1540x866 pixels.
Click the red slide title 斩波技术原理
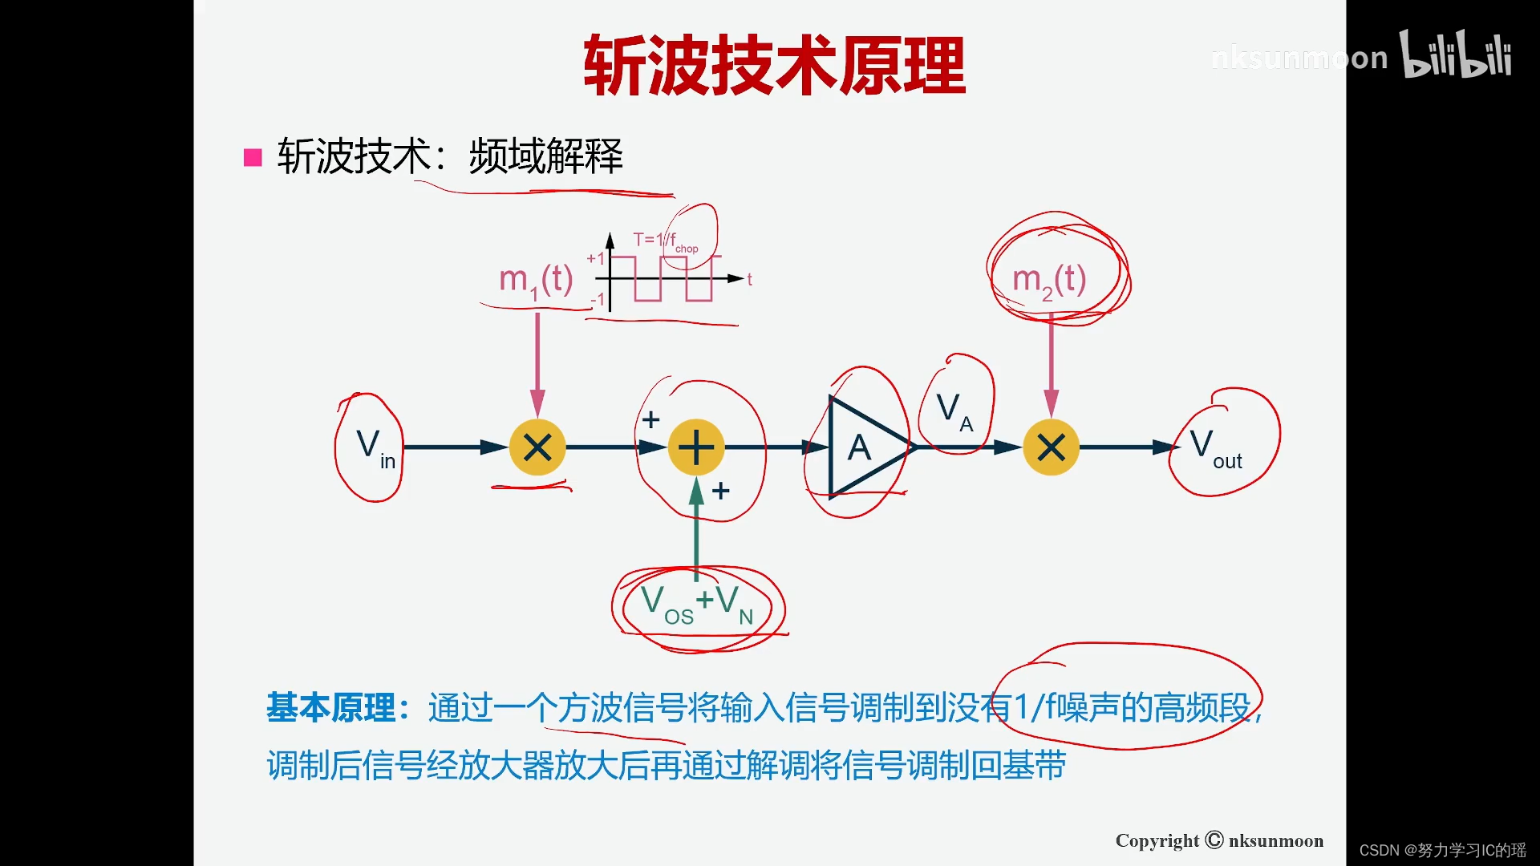coord(774,66)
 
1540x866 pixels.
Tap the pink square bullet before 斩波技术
coord(253,157)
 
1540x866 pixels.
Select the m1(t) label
coord(536,281)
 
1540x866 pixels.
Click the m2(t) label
coord(1049,281)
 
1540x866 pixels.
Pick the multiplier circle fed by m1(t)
coord(537,447)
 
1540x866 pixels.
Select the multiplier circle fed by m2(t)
coord(1051,447)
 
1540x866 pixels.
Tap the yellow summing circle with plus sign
coord(696,447)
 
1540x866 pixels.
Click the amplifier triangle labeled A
coord(862,447)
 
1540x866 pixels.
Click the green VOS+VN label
coord(697,603)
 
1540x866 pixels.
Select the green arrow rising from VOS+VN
coord(696,529)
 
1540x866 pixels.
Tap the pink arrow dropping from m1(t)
coord(537,361)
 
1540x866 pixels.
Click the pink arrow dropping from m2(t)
coord(1051,361)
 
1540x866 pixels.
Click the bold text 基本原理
coord(330,708)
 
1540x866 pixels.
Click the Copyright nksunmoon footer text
coord(1219,840)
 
